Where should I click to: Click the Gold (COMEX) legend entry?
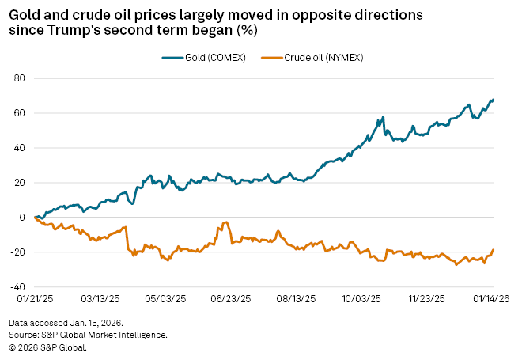point(205,57)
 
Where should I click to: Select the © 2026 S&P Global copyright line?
point(47,346)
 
